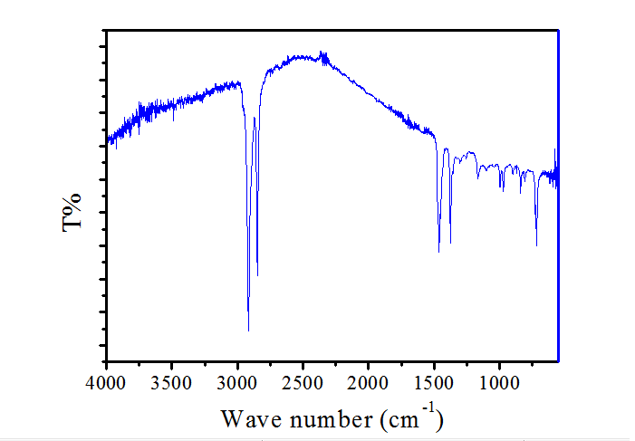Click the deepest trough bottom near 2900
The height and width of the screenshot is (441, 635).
click(x=248, y=331)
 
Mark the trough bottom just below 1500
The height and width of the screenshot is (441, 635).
click(x=438, y=252)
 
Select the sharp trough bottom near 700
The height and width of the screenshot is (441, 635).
click(x=537, y=245)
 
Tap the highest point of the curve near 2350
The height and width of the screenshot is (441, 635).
click(x=322, y=52)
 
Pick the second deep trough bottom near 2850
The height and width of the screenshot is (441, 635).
click(x=257, y=276)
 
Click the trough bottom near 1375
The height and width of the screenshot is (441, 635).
click(x=450, y=243)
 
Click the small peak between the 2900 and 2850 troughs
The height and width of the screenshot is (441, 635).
click(x=254, y=118)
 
